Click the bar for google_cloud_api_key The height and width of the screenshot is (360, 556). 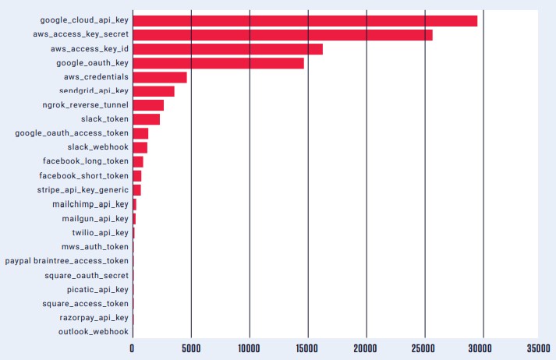tap(305, 21)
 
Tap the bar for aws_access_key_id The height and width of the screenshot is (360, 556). tap(228, 49)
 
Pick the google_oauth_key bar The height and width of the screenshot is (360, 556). tap(218, 63)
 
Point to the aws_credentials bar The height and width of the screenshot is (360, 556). tap(160, 77)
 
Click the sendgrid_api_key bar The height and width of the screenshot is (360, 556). tap(154, 91)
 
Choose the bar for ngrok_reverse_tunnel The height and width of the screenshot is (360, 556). tap(148, 105)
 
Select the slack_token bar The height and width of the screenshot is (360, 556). tap(147, 119)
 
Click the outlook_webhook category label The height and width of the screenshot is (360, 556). tap(94, 332)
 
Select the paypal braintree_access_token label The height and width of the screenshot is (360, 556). tap(67, 261)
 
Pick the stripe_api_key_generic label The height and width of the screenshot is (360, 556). tap(83, 190)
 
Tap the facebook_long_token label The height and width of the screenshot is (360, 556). tap(86, 161)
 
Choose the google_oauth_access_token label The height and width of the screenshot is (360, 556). tap(72, 133)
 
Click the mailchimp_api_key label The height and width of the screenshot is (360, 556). tap(90, 204)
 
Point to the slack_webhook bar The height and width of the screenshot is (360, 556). tap(140, 147)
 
